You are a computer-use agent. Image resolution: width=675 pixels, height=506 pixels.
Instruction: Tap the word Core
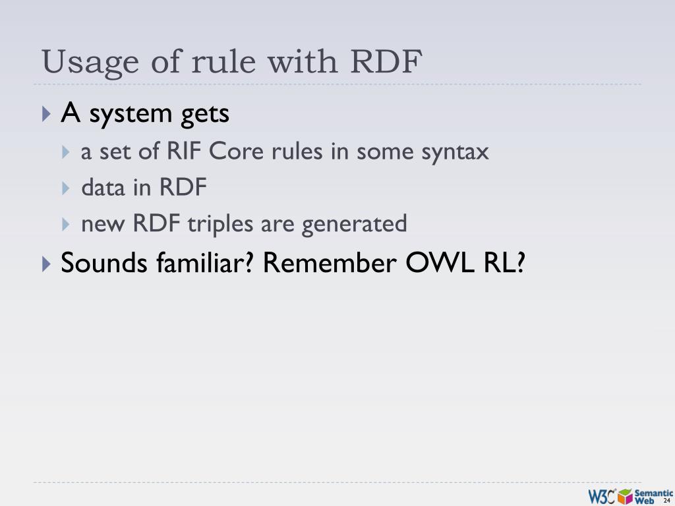pyautogui.click(x=231, y=152)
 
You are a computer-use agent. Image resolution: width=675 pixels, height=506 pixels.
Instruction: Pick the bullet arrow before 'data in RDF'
pyautogui.click(x=66, y=188)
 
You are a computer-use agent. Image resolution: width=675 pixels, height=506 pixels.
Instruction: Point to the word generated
pyautogui.click(x=355, y=225)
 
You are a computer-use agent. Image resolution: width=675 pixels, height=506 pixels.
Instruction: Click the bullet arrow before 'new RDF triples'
pyautogui.click(x=66, y=225)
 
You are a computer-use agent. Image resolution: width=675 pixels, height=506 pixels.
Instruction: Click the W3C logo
pyautogui.click(x=602, y=496)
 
